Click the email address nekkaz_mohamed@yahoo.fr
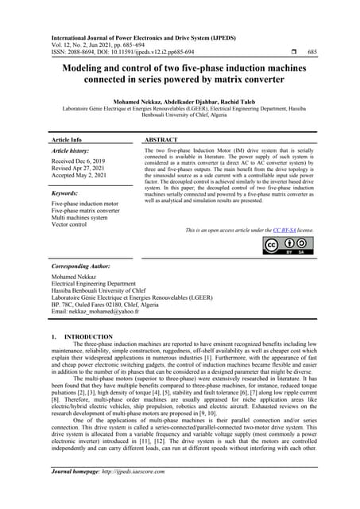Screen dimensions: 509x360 [x=95, y=313]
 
